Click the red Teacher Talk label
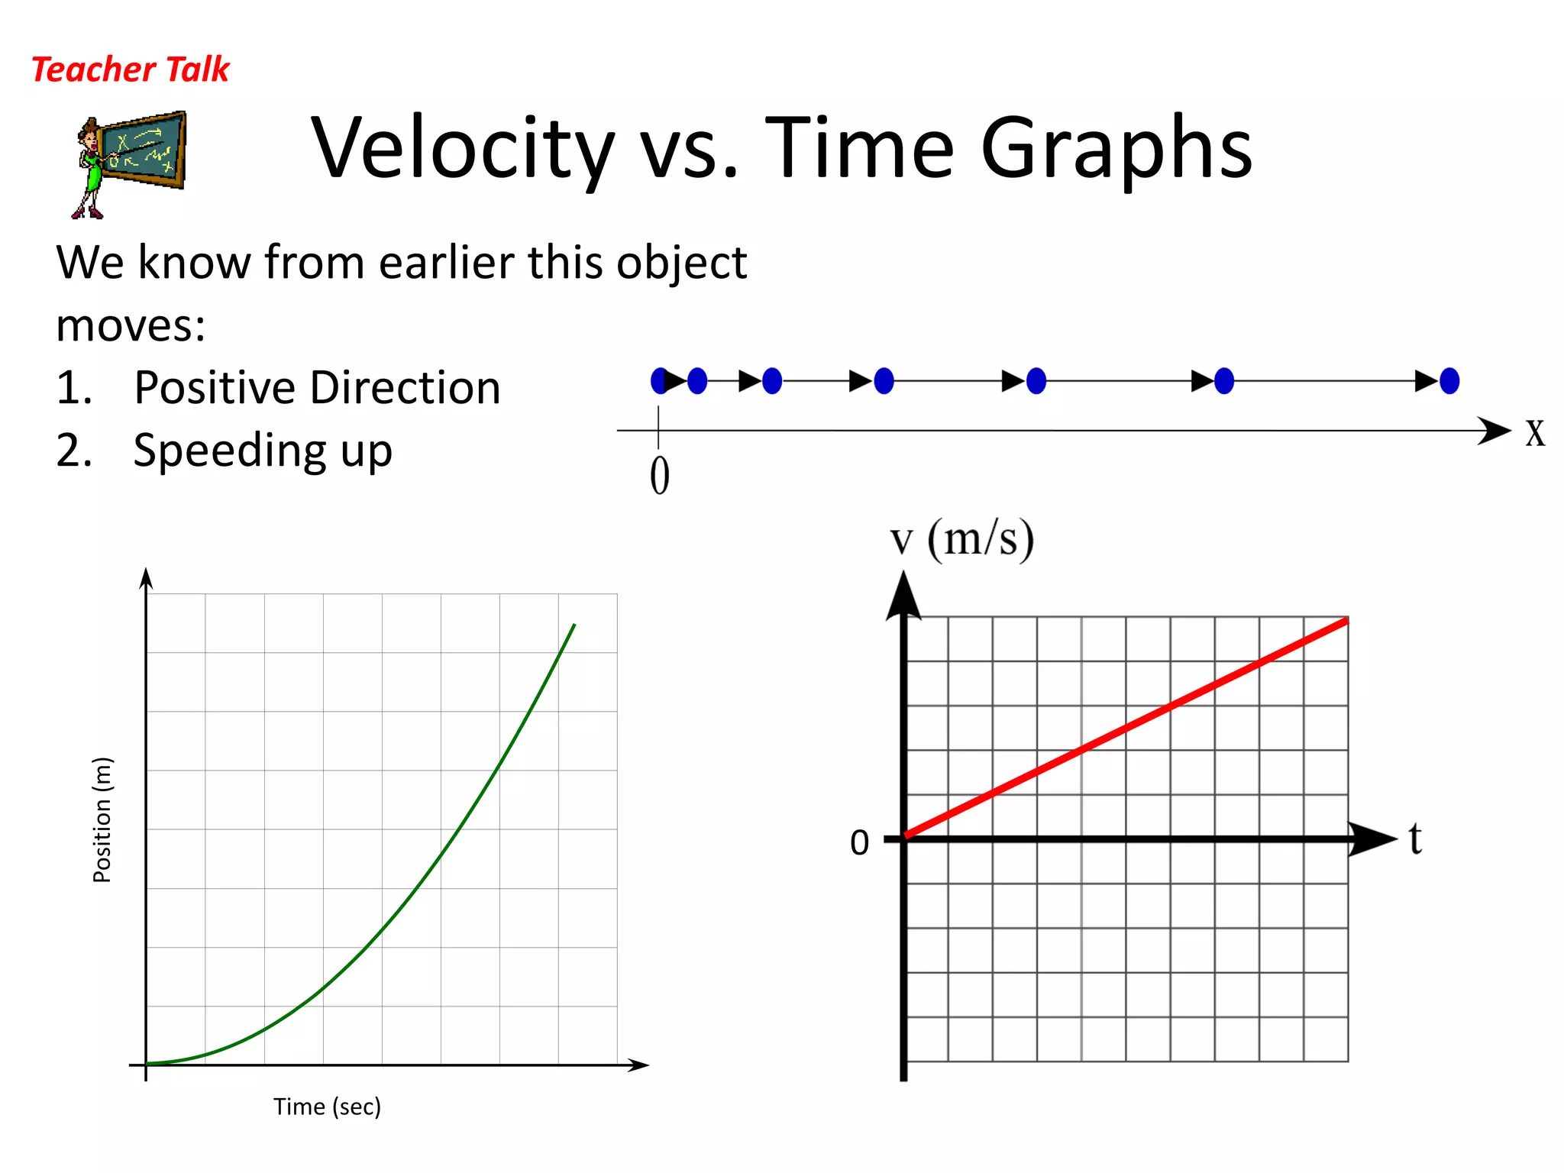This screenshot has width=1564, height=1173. pyautogui.click(x=130, y=69)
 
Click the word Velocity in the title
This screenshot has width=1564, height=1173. pyautogui.click(x=463, y=148)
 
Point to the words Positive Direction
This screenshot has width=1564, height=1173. pyautogui.click(x=317, y=387)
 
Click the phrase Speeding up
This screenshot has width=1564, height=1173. pyautogui.click(x=263, y=450)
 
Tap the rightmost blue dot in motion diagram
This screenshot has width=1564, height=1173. pyautogui.click(x=1449, y=380)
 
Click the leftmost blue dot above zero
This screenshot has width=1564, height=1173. pyautogui.click(x=658, y=380)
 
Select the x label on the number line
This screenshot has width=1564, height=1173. pyautogui.click(x=1535, y=432)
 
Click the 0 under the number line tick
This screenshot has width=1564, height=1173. pyautogui.click(x=660, y=476)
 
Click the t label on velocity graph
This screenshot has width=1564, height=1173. pyautogui.click(x=1415, y=839)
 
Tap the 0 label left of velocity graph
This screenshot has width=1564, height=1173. pyautogui.click(x=859, y=843)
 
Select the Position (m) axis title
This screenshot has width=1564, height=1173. pyautogui.click(x=102, y=819)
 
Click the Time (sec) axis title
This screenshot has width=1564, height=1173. pyautogui.click(x=327, y=1107)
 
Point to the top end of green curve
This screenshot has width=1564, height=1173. pyautogui.click(x=574, y=626)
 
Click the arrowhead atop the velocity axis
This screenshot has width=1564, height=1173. pyautogui.click(x=903, y=596)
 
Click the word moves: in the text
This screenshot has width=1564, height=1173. pyautogui.click(x=131, y=325)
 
